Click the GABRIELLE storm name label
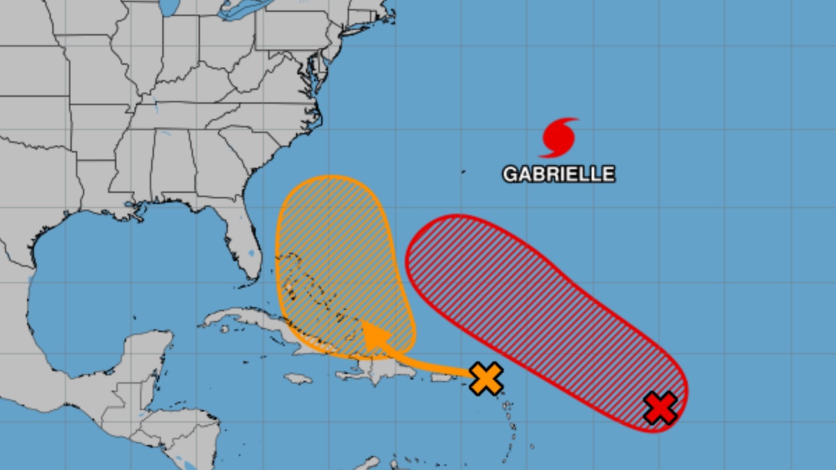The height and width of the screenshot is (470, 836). [x=559, y=173]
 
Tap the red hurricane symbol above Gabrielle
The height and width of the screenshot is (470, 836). [x=559, y=138]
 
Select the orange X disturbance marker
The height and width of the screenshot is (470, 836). [x=486, y=379]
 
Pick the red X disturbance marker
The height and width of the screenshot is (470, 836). [x=660, y=408]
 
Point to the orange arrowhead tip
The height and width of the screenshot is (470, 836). [x=364, y=325]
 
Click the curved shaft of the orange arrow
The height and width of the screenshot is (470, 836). [x=425, y=363]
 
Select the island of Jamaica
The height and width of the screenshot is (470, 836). [x=298, y=378]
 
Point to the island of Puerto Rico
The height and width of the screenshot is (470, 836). [x=440, y=377]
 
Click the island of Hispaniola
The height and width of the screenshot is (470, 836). [x=369, y=369]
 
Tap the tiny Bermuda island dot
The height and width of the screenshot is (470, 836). [x=463, y=171]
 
